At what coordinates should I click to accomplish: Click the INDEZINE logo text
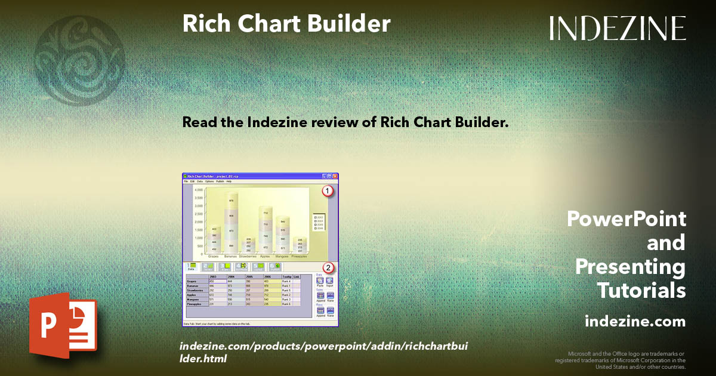point(618,28)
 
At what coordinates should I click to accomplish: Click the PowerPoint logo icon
point(63,328)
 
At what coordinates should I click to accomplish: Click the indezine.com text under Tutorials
point(635,322)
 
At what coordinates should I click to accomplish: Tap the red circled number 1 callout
point(327,192)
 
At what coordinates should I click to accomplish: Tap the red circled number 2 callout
point(327,267)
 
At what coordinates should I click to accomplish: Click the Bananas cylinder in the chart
point(232,222)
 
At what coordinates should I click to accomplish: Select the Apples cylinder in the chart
point(266,229)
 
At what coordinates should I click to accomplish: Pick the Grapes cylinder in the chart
point(214,239)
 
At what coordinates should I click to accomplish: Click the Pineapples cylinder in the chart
point(300,245)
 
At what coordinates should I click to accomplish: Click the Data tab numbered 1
point(192,267)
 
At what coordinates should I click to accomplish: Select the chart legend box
point(319,222)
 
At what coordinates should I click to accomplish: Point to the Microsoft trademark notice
point(621,360)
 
